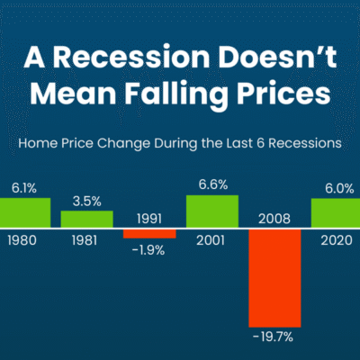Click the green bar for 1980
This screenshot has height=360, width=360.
point(25,212)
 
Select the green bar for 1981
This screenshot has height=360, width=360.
point(87,219)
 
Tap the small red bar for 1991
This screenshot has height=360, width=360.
point(149,234)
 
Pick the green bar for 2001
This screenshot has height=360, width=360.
point(212,211)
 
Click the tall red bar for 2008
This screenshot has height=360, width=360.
point(274,278)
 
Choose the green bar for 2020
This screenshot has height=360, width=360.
point(336,212)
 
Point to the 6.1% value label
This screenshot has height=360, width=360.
point(24,188)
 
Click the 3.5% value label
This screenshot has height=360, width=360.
point(87,202)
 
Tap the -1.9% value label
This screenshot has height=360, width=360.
point(148,250)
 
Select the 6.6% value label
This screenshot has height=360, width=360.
point(213,184)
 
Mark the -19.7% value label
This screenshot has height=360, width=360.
point(273,337)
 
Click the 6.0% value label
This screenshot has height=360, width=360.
point(339,189)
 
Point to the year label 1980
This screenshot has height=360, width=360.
point(22,240)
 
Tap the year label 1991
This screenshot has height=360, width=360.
point(149,219)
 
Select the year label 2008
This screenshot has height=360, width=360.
point(274,219)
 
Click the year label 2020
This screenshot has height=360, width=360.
point(337,240)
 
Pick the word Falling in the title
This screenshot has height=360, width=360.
point(176,95)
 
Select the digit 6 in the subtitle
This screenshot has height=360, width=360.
point(260,143)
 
